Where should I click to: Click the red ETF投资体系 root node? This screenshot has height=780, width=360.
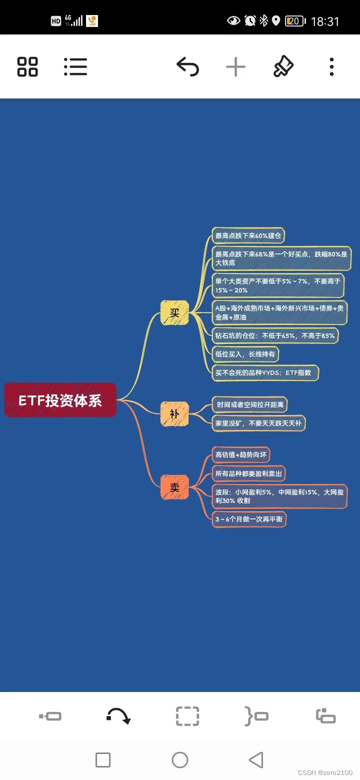coord(60,400)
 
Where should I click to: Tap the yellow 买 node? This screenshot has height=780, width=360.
coord(174,313)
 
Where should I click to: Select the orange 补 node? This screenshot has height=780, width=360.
coord(174,414)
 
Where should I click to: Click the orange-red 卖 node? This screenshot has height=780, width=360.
coord(174,487)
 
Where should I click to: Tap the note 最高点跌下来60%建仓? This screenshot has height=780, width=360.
coord(248,235)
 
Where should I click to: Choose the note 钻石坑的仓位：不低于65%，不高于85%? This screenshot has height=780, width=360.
coord(275,335)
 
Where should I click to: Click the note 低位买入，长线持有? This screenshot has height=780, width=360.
coord(245,354)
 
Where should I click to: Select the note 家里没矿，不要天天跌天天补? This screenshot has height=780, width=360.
coord(258,423)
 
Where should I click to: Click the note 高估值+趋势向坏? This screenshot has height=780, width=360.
coord(241,454)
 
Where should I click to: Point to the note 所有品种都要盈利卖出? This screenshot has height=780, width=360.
coord(248,473)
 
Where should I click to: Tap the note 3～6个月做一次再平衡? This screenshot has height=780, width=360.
coord(249,519)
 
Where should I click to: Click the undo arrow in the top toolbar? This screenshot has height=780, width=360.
coord(187,66)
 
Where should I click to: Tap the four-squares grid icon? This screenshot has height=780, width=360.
coord(27,66)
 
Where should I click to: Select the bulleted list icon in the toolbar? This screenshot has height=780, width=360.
coord(75,66)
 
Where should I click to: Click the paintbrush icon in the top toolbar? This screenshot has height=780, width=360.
coord(283,66)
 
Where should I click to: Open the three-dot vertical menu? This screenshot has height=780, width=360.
coord(331,66)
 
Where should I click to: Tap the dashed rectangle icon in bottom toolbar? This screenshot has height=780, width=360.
coord(187,716)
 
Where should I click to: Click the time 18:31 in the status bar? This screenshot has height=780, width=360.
coord(325,21)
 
